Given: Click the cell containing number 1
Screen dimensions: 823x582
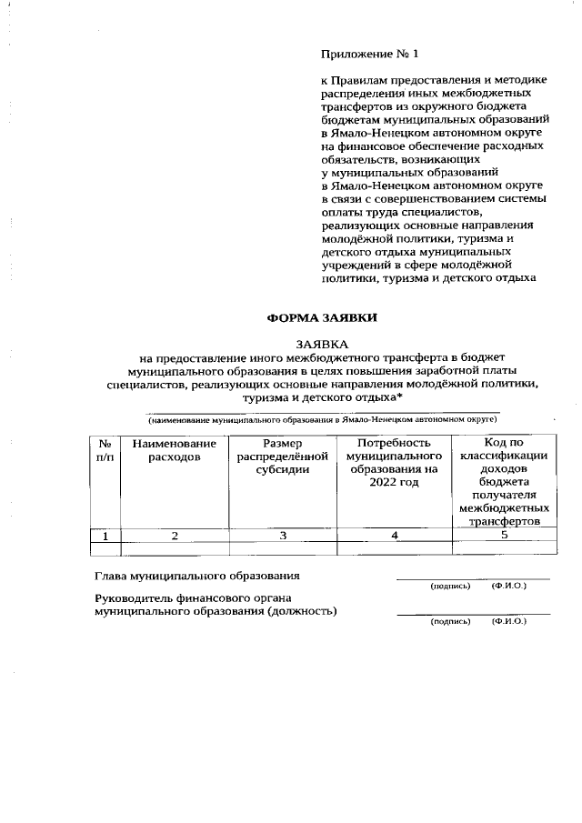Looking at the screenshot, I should pyautogui.click(x=105, y=536).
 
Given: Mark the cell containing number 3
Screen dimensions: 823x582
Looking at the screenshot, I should pyautogui.click(x=282, y=536).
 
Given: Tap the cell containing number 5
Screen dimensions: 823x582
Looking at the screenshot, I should pyautogui.click(x=503, y=536).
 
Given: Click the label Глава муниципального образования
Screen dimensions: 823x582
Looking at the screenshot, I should pyautogui.click(x=197, y=577).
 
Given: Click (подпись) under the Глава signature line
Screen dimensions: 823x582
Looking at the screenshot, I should pyautogui.click(x=450, y=587).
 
